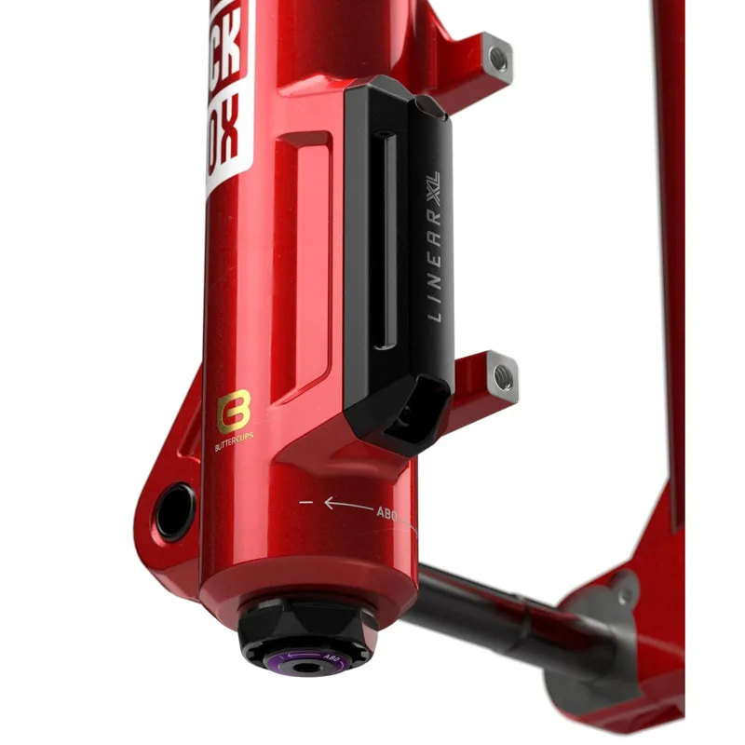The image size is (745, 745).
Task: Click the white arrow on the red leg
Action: point(345,504)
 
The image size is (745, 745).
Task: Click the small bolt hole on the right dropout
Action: point(620,591)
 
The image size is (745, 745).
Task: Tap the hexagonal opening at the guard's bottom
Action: point(410,411)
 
